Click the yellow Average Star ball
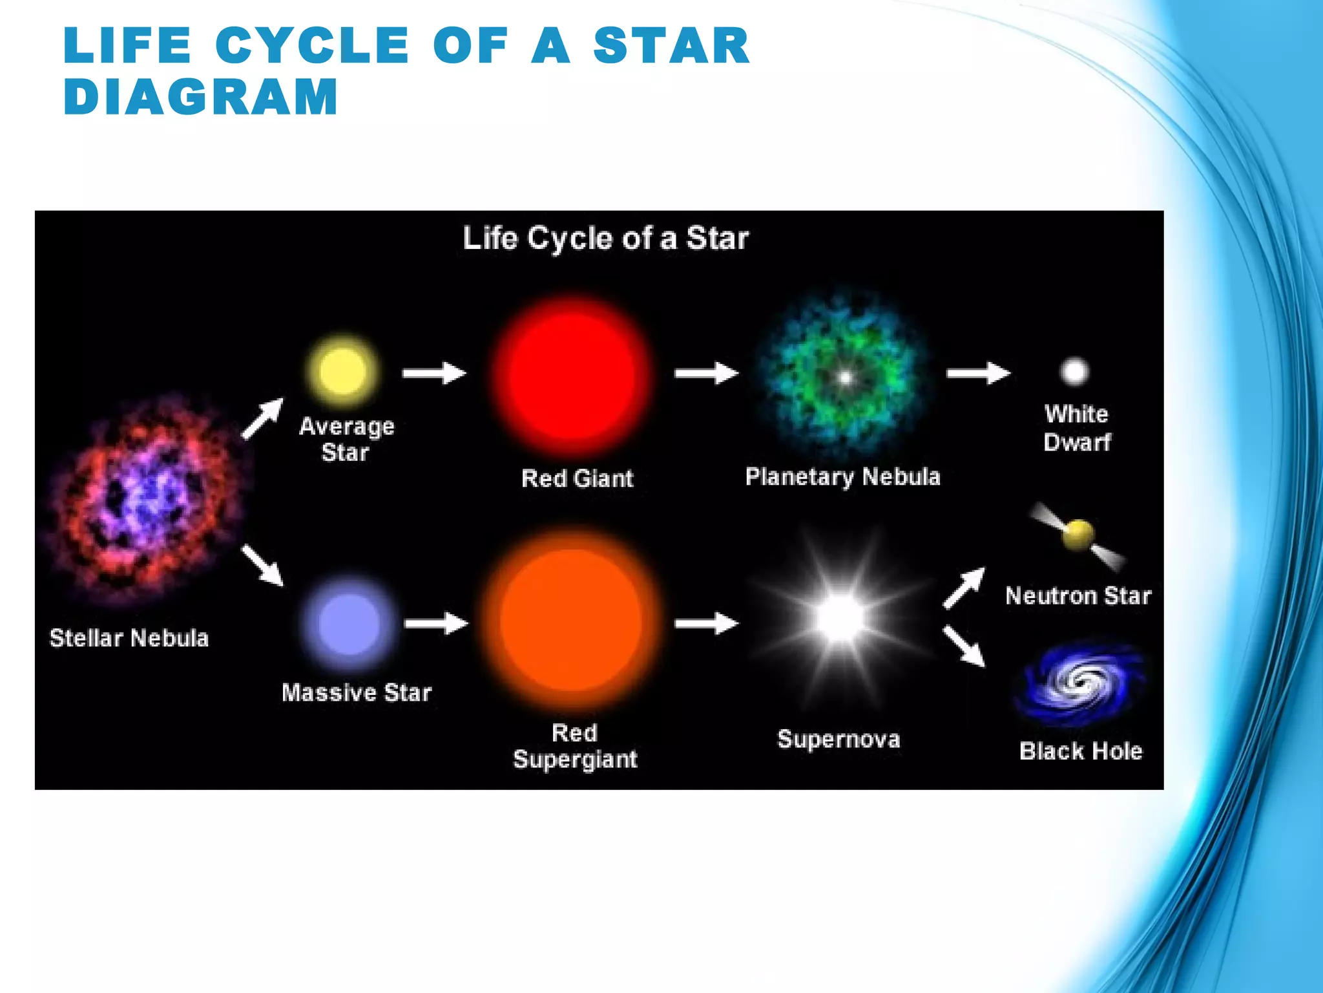click(x=342, y=371)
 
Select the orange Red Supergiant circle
click(x=572, y=621)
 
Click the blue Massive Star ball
click(x=349, y=624)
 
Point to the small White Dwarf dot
click(x=1074, y=371)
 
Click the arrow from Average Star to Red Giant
click(x=434, y=373)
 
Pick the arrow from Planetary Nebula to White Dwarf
click(x=978, y=373)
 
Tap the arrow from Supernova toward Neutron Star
click(x=964, y=588)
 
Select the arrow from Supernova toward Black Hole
click(x=964, y=646)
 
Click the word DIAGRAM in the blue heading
click(x=200, y=97)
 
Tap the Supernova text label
click(x=839, y=739)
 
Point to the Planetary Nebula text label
click(x=842, y=477)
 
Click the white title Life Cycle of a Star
click(x=605, y=239)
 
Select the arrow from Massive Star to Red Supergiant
click(x=436, y=623)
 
